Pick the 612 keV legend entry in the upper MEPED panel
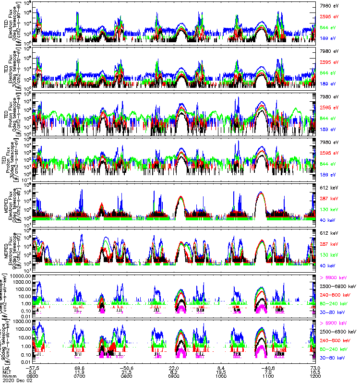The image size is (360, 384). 328,187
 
